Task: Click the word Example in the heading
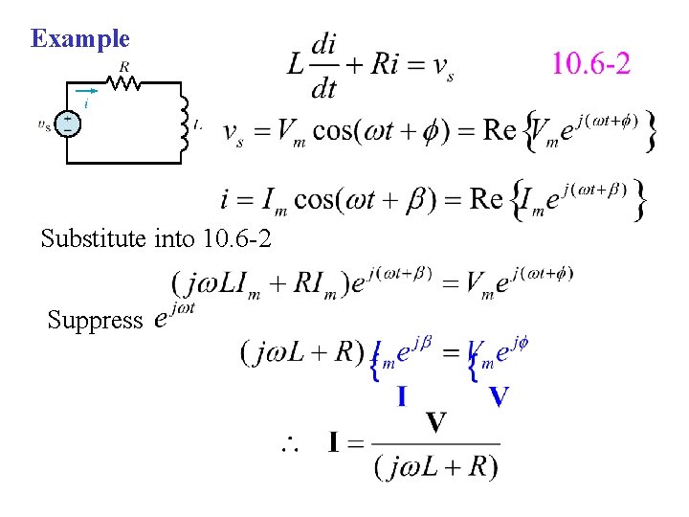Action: point(79,39)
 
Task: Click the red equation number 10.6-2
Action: point(590,64)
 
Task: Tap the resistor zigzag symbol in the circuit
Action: point(125,84)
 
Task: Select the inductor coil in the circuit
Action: point(183,123)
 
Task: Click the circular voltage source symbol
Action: point(69,124)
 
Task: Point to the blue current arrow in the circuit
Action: point(87,93)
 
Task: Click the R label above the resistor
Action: point(125,67)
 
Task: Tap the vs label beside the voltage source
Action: point(44,124)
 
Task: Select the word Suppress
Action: point(94,320)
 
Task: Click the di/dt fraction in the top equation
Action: point(325,65)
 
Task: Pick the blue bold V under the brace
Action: point(499,394)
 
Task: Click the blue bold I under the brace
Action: point(404,394)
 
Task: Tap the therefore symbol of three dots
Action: point(289,444)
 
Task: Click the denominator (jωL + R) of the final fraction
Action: point(435,466)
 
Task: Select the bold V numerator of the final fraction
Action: point(435,422)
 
